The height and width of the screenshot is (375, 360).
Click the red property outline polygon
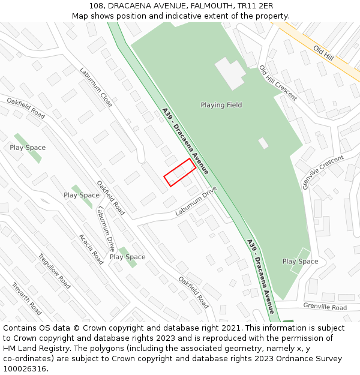(x=180, y=172)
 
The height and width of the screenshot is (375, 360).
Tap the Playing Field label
(x=221, y=105)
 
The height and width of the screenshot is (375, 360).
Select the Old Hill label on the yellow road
(x=323, y=53)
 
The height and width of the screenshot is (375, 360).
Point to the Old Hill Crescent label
(x=278, y=83)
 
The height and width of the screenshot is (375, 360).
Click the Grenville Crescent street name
(x=323, y=172)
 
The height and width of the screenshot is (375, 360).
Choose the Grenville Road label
(x=325, y=307)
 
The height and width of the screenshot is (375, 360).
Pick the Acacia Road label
(x=91, y=249)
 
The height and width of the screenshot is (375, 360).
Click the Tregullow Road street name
(x=55, y=271)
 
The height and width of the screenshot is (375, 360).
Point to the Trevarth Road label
(x=26, y=299)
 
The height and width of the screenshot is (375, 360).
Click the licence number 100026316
(x=26, y=369)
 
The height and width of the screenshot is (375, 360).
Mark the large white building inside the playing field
(x=230, y=73)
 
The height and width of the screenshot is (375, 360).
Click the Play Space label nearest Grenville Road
(x=300, y=262)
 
